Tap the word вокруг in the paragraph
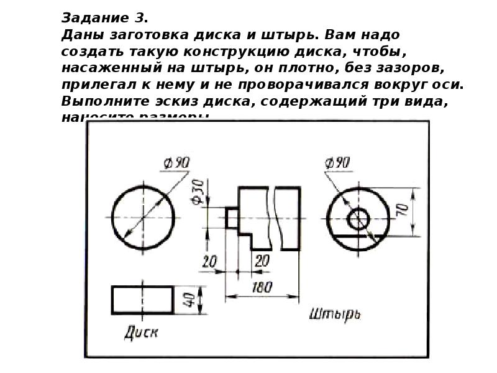(393, 83)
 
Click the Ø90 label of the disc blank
(177, 163)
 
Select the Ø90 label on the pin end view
(337, 163)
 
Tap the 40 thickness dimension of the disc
(191, 299)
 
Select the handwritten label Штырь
(335, 313)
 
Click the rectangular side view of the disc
(142, 300)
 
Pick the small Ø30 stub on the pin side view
(232, 218)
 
